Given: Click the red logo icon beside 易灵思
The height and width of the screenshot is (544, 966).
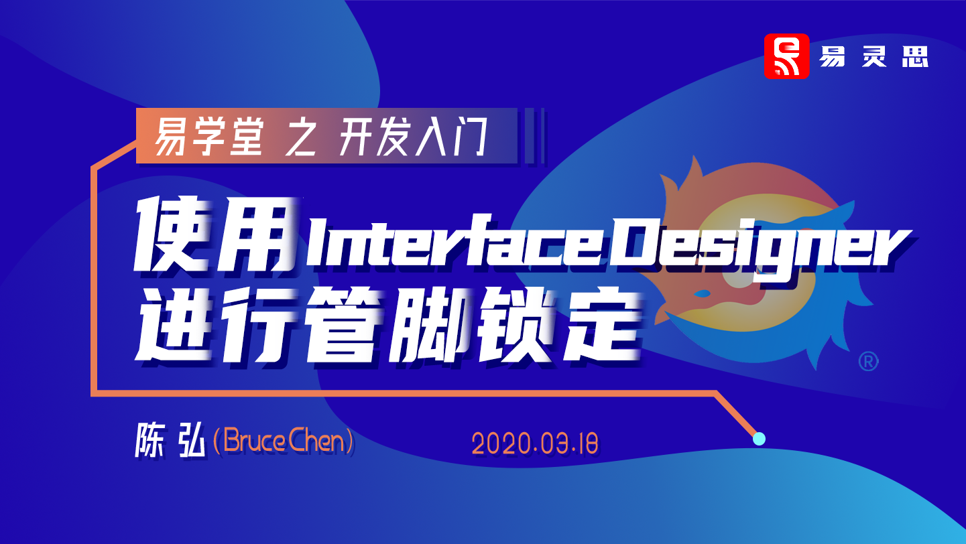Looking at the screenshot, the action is pyautogui.click(x=786, y=56).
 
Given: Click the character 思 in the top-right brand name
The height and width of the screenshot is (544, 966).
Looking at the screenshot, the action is pyautogui.click(x=915, y=56).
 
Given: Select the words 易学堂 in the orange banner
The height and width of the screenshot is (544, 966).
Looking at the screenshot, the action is pyautogui.click(x=208, y=137).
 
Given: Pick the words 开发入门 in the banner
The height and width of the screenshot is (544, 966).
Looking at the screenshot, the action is pyautogui.click(x=413, y=137).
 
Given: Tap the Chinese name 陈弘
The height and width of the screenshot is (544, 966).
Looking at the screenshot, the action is pyautogui.click(x=170, y=439).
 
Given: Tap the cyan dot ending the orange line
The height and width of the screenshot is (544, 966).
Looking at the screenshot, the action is pyautogui.click(x=759, y=439).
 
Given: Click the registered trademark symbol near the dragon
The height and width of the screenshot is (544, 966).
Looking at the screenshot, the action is pyautogui.click(x=868, y=361).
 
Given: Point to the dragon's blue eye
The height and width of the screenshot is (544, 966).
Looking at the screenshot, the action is pyautogui.click(x=703, y=293).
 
